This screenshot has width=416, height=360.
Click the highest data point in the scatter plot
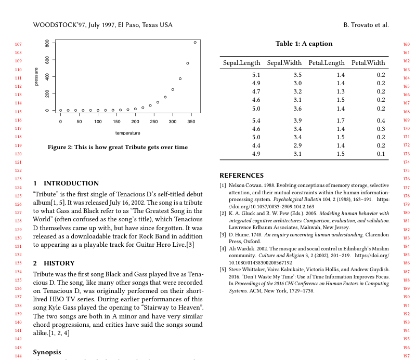click(195, 43)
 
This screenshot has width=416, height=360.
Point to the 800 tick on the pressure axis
click(47, 44)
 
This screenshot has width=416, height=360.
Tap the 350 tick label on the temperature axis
click(191, 122)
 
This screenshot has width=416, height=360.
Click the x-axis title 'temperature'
click(128, 133)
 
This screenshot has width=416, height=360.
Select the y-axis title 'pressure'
click(36, 77)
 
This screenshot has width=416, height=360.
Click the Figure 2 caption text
click(118, 147)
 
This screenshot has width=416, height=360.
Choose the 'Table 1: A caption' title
click(304, 44)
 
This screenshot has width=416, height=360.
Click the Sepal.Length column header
click(241, 63)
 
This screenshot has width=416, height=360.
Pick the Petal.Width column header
click(368, 63)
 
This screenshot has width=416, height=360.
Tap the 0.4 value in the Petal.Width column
click(381, 121)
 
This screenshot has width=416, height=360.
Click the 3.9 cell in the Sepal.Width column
click(297, 121)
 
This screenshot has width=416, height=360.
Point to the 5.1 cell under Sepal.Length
click(256, 75)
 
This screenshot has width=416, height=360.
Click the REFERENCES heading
click(241, 176)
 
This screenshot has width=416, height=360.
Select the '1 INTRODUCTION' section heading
click(66, 183)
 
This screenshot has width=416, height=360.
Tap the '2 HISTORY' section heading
click(54, 263)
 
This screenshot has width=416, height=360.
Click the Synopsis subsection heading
click(47, 352)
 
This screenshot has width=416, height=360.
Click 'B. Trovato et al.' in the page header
click(366, 25)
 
